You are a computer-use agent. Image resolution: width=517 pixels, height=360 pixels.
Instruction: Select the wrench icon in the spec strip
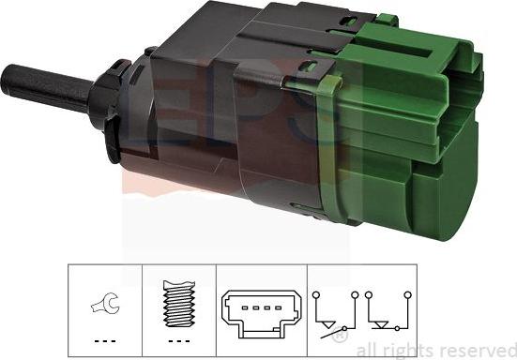click(x=103, y=302)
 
